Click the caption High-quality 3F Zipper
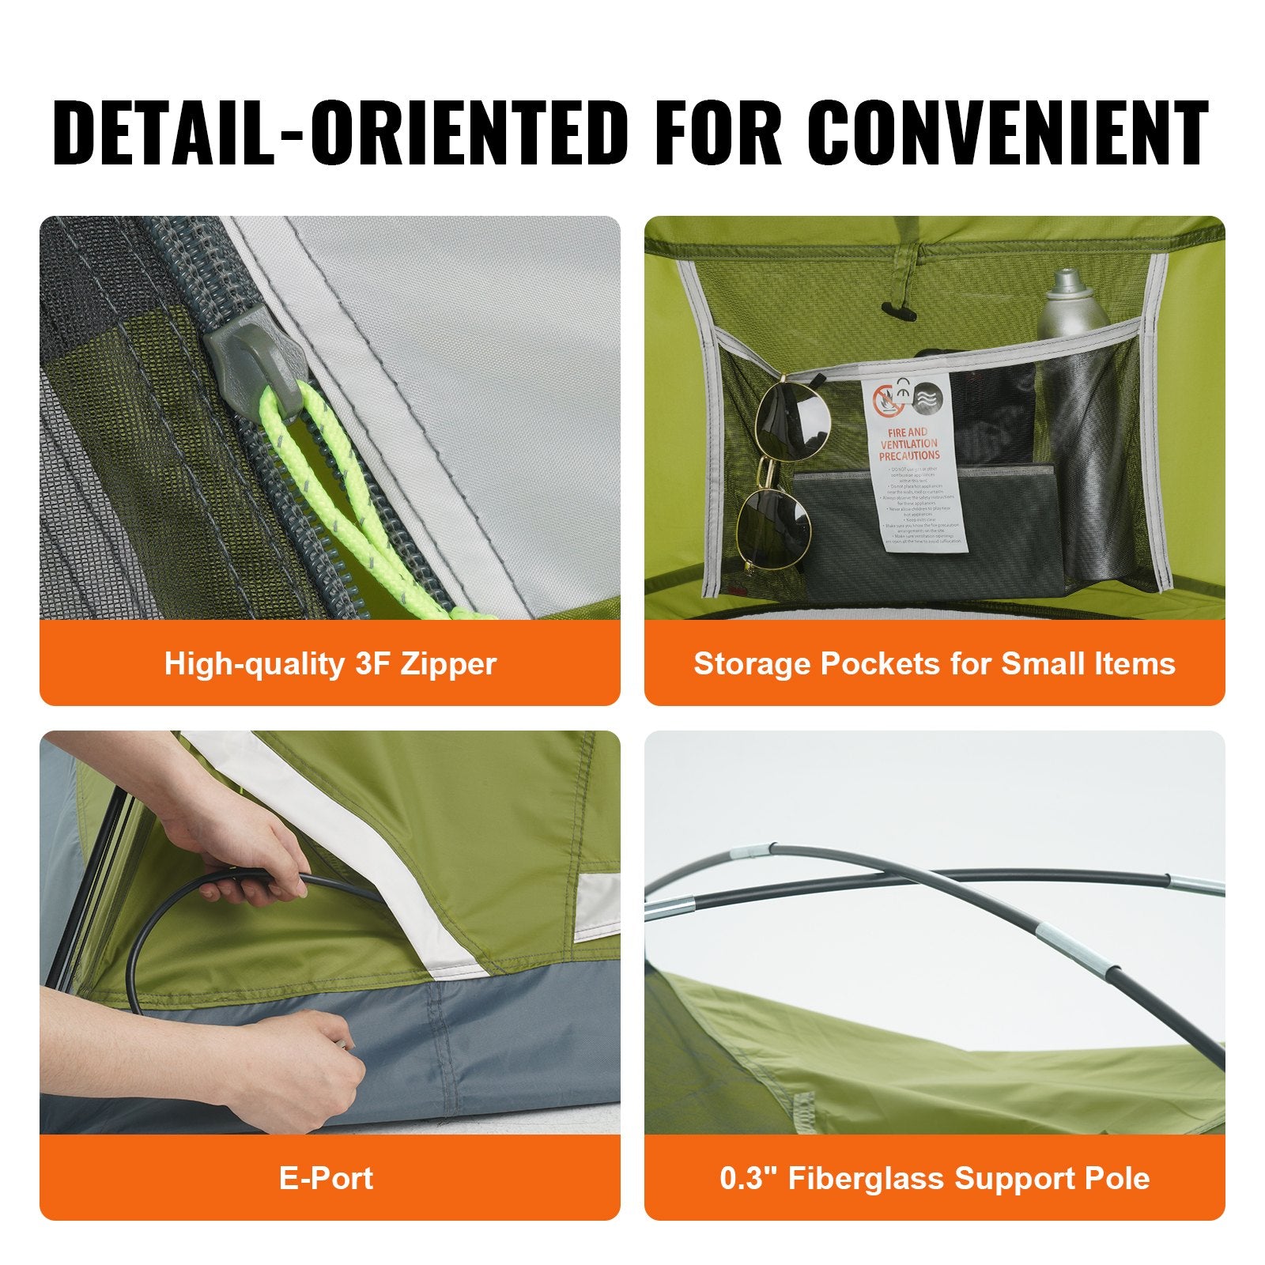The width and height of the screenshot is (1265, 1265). click(x=330, y=663)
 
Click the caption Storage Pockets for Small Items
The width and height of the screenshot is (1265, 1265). click(x=934, y=663)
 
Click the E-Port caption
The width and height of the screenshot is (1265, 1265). click(x=326, y=1178)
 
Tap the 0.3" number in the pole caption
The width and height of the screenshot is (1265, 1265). click(x=748, y=1178)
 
